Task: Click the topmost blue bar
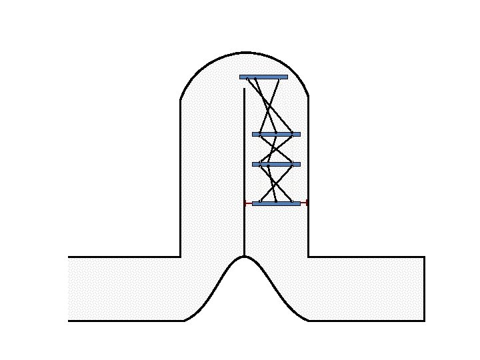point(263,77)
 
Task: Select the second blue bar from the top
point(276,134)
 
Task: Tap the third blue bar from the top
point(276,164)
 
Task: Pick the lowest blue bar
point(276,203)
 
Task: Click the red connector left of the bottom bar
point(248,203)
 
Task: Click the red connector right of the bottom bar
point(304,203)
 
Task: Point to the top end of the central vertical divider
point(245,89)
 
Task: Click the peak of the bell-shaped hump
point(245,256)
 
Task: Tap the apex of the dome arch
point(245,52)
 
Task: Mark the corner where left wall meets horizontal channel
point(181,257)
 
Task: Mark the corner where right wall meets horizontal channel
point(308,257)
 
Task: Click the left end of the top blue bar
point(241,77)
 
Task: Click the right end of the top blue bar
point(287,77)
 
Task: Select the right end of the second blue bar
point(299,134)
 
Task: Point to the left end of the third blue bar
point(253,164)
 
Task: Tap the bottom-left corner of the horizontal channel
point(69,321)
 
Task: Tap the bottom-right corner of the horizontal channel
point(424,321)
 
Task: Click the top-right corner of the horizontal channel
point(424,257)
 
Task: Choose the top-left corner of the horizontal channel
point(69,257)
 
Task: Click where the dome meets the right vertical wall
point(308,98)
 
